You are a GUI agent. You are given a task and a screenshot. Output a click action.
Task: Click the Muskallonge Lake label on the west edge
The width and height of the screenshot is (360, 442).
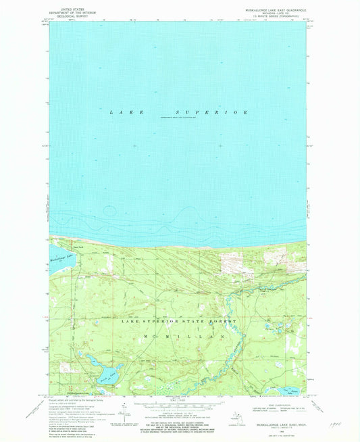(61, 257)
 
